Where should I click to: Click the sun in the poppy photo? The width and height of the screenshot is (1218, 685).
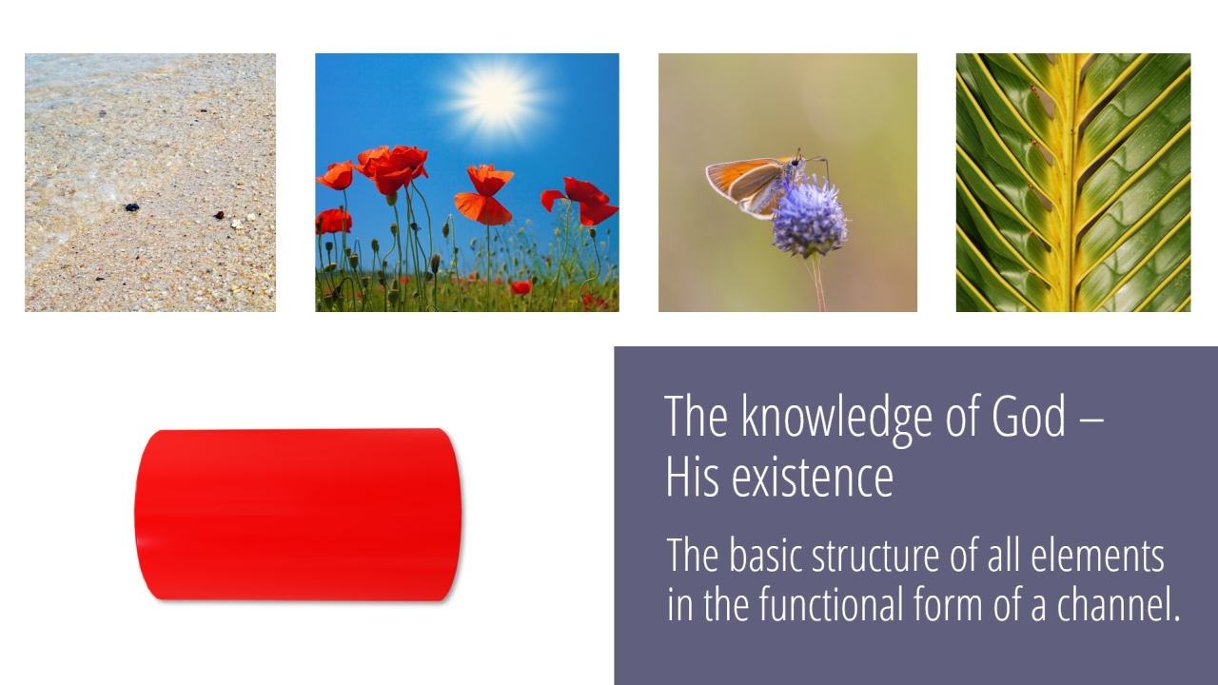tap(496, 98)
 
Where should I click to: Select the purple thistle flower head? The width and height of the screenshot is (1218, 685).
tap(810, 218)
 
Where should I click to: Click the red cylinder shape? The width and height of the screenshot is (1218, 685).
tap(298, 515)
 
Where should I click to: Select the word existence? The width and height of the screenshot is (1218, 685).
tap(813, 478)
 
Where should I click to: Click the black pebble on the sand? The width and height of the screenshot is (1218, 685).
tap(131, 207)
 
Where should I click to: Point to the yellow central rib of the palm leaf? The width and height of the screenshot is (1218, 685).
tap(1071, 183)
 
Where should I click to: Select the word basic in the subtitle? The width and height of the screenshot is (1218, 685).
tap(765, 556)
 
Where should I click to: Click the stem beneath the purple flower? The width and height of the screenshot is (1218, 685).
tap(819, 283)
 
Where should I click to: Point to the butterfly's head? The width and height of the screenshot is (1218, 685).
tap(796, 161)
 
